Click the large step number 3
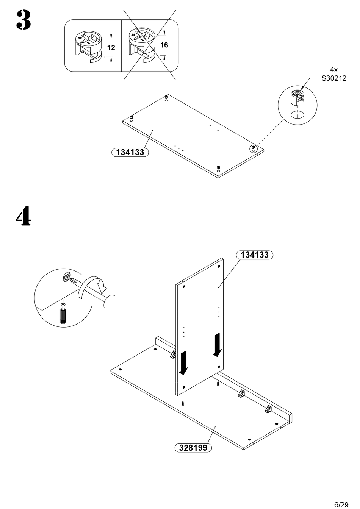(23, 20)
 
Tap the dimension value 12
(111, 48)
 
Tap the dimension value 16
(164, 45)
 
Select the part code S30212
(333, 79)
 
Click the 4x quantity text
(333, 70)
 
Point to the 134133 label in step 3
(130, 152)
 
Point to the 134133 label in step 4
(255, 255)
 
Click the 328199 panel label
(193, 448)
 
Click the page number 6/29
(341, 504)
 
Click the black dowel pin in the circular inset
(63, 314)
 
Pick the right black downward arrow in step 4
(218, 345)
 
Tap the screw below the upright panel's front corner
(183, 403)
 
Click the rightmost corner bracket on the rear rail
(269, 409)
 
